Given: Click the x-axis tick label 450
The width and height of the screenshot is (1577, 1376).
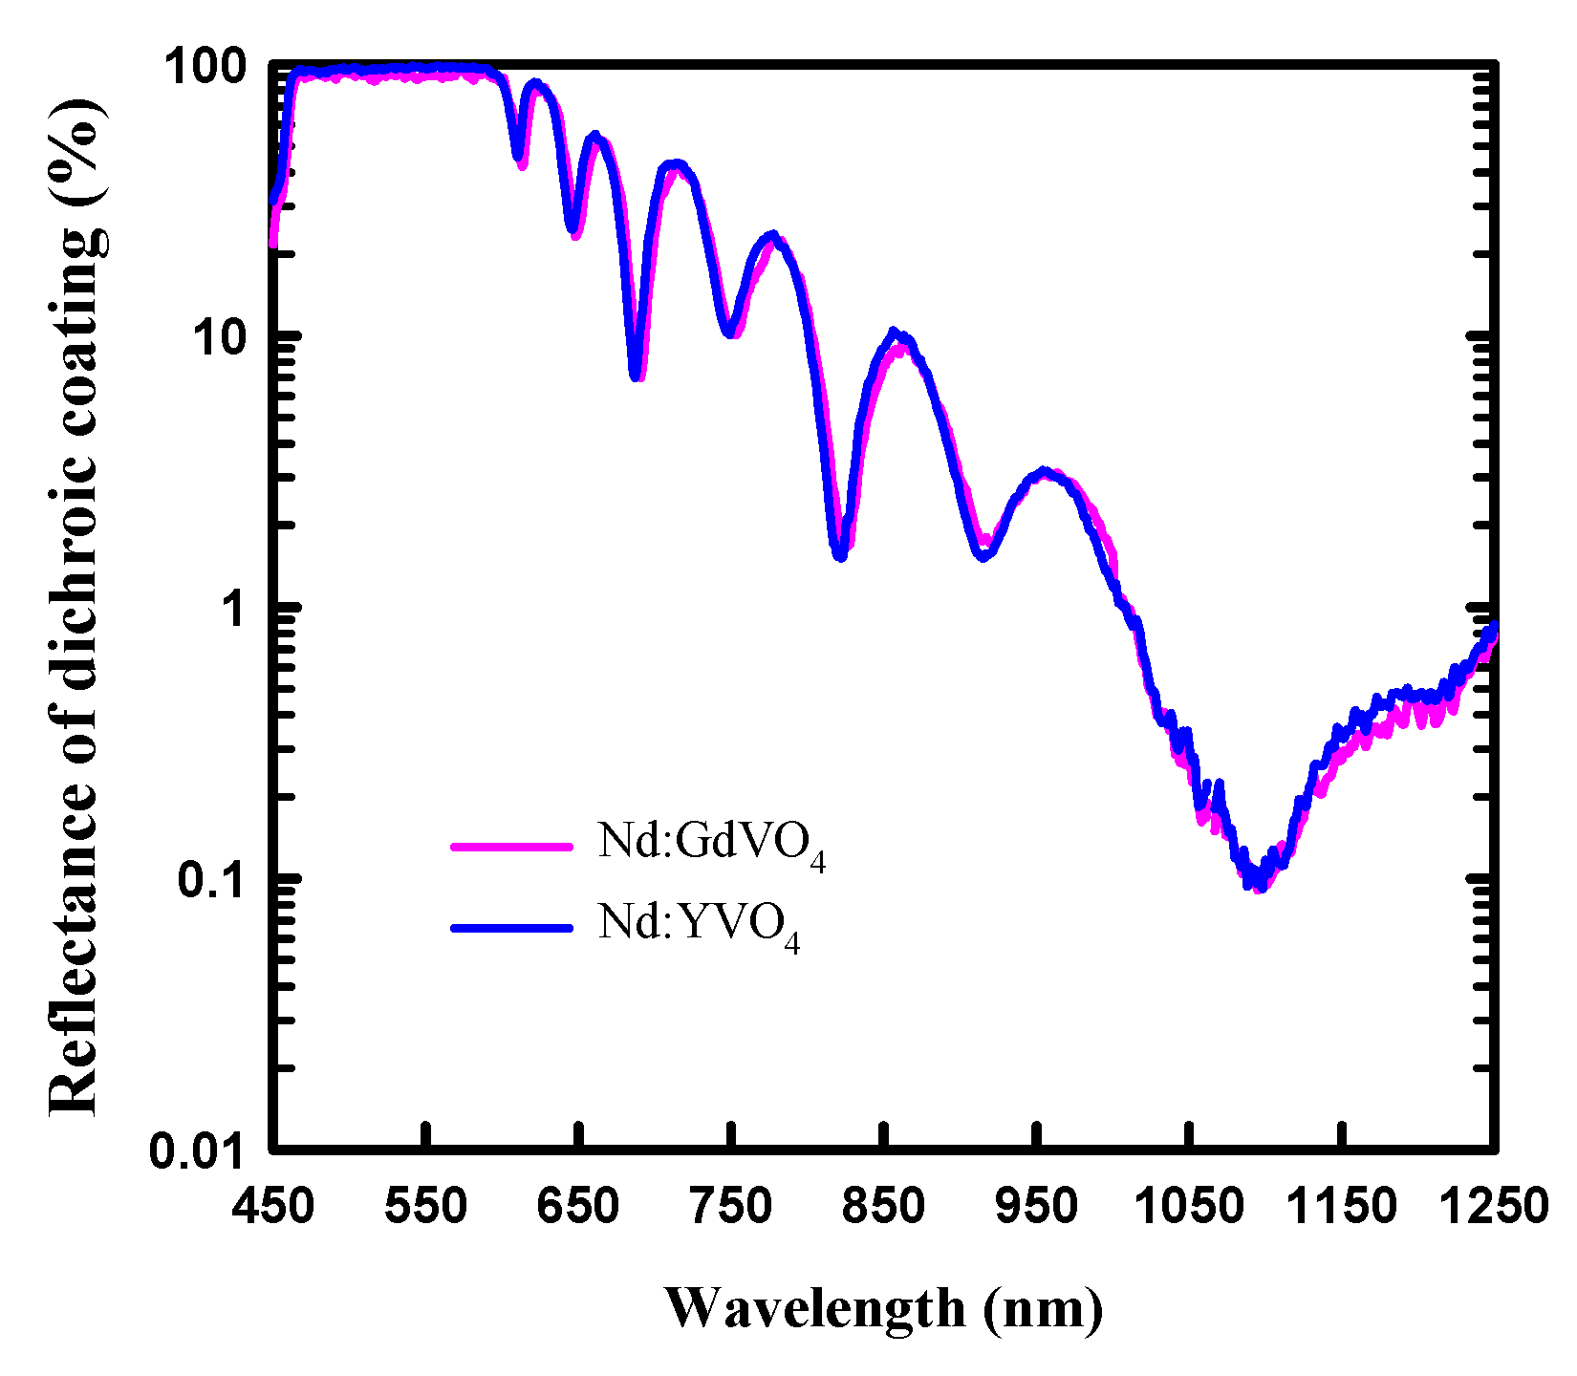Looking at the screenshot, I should pyautogui.click(x=273, y=1207).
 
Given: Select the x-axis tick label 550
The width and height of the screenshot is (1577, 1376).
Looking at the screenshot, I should pyautogui.click(x=426, y=1207).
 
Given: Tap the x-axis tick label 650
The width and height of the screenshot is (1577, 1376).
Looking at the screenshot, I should pyautogui.click(x=578, y=1207).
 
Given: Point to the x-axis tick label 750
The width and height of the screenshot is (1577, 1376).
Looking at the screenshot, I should pyautogui.click(x=731, y=1207).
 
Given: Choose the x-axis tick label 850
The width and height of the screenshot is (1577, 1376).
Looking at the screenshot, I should pyautogui.click(x=885, y=1207).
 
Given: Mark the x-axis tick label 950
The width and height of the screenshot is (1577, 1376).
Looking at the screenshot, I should pyautogui.click(x=1037, y=1207).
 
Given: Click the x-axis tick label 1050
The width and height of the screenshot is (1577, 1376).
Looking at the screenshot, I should pyautogui.click(x=1190, y=1207).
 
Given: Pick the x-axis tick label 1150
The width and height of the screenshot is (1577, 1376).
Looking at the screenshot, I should pyautogui.click(x=1343, y=1207).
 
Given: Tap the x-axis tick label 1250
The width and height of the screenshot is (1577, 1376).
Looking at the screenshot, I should pyautogui.click(x=1493, y=1207).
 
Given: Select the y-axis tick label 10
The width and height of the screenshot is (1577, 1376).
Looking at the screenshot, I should pyautogui.click(x=222, y=338).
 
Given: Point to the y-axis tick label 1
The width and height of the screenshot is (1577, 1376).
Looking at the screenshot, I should pyautogui.click(x=235, y=609).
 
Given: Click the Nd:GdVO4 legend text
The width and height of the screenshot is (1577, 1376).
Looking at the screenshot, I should pyautogui.click(x=711, y=845).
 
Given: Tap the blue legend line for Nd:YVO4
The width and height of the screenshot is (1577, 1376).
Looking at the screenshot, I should pyautogui.click(x=511, y=927).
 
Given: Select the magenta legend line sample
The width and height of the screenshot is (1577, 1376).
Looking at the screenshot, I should pyautogui.click(x=511, y=846).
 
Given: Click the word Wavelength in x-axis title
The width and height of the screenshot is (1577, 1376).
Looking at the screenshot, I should pyautogui.click(x=815, y=1308).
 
